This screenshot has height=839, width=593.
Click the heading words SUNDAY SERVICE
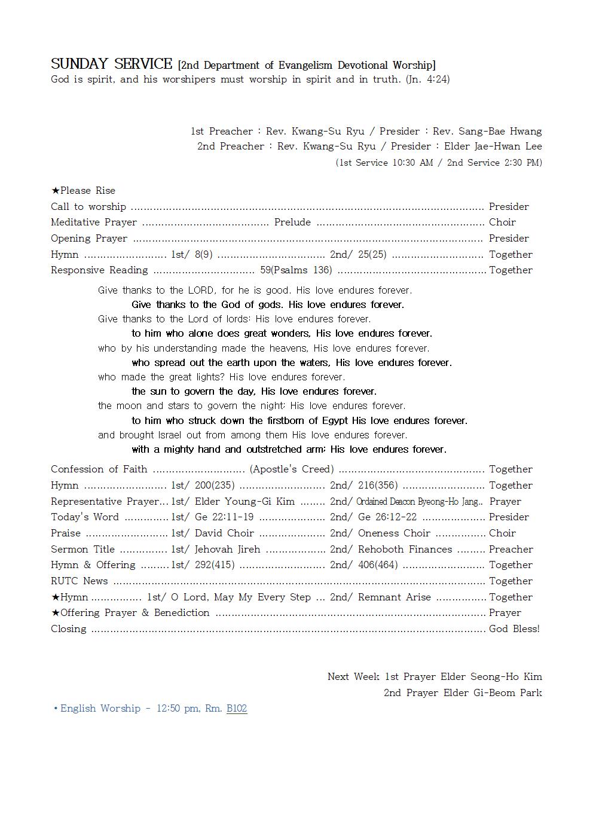111,64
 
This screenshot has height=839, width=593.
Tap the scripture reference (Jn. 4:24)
427,79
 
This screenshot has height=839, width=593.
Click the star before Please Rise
55,191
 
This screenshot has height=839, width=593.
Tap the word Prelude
292,222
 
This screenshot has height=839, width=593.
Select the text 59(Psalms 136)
296,270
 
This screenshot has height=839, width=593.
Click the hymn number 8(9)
203,254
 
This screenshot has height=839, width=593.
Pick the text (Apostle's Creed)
292,469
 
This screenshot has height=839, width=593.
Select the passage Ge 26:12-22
387,517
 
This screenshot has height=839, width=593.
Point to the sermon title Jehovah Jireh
227,549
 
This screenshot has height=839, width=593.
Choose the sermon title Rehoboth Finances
405,549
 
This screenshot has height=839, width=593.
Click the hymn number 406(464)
378,565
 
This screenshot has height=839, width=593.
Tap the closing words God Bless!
514,629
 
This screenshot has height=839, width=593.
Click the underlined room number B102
237,709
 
